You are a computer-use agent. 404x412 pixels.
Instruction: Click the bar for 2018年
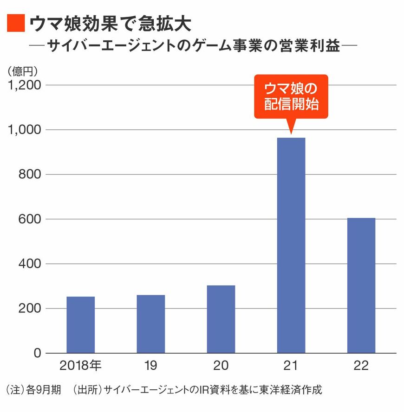click(81, 324)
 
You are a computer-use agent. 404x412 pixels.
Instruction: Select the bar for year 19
click(151, 323)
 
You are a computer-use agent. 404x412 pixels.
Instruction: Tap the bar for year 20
click(221, 319)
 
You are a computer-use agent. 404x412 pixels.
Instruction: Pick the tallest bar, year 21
click(291, 246)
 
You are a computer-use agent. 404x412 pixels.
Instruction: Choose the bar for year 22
click(361, 285)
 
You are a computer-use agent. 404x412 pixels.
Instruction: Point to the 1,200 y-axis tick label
click(25, 85)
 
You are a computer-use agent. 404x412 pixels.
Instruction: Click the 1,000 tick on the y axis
click(25, 130)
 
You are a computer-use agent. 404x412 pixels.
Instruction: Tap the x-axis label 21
click(291, 366)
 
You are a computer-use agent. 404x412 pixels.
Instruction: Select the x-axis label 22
click(361, 366)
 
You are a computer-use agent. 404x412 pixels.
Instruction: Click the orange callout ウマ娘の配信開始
click(291, 97)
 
